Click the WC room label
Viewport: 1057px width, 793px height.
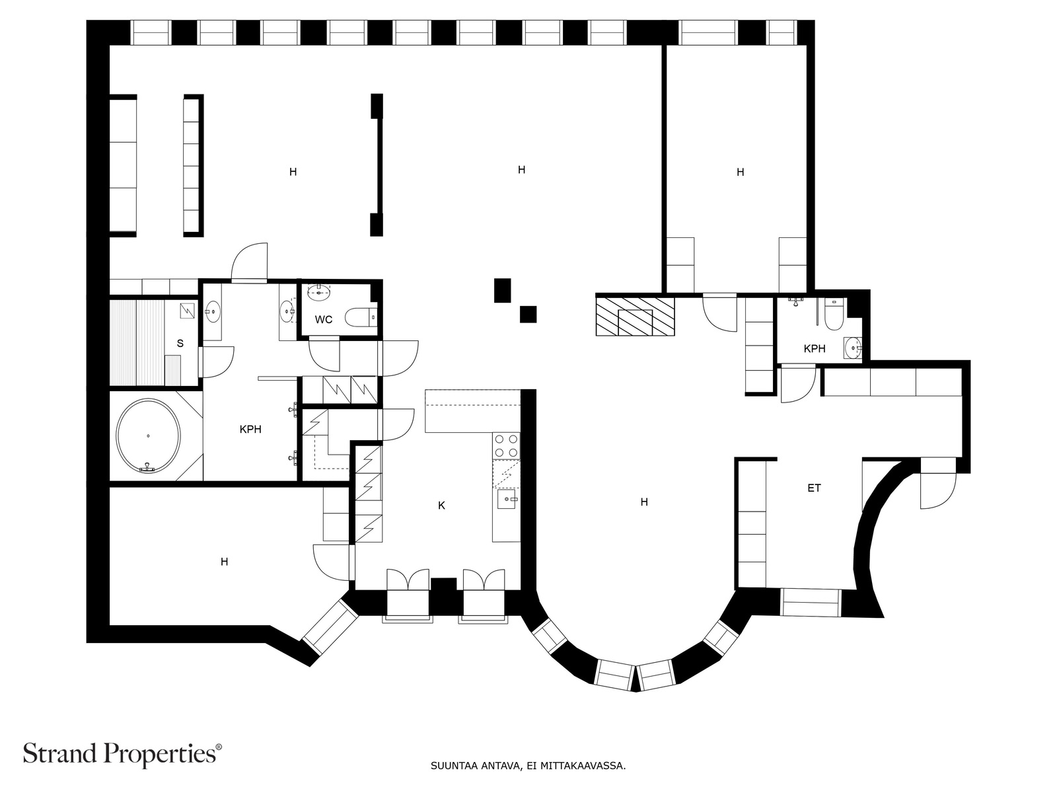pyautogui.click(x=324, y=319)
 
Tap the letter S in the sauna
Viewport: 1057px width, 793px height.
pyautogui.click(x=180, y=343)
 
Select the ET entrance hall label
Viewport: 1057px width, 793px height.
pyautogui.click(x=814, y=488)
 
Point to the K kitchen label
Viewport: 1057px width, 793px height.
pyautogui.click(x=441, y=505)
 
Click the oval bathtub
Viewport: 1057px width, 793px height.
pyautogui.click(x=149, y=435)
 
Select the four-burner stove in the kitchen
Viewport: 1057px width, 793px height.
pyautogui.click(x=507, y=445)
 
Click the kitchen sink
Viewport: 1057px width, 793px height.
pyautogui.click(x=507, y=499)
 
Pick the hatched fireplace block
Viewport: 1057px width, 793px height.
pyautogui.click(x=635, y=317)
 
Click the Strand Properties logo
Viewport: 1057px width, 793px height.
pyautogui.click(x=123, y=754)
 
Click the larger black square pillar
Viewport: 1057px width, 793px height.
pyautogui.click(x=502, y=290)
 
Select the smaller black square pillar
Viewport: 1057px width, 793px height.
pyautogui.click(x=528, y=315)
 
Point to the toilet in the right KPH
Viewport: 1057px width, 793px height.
pyautogui.click(x=834, y=315)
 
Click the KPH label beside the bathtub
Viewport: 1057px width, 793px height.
pyautogui.click(x=250, y=429)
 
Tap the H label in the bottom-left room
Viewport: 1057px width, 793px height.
pyautogui.click(x=225, y=562)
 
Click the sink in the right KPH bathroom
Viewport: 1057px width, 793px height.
pyautogui.click(x=853, y=347)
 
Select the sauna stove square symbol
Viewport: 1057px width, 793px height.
pyautogui.click(x=188, y=311)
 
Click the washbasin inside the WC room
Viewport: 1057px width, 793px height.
pyautogui.click(x=319, y=292)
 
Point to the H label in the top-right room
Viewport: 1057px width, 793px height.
pyautogui.click(x=740, y=172)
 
